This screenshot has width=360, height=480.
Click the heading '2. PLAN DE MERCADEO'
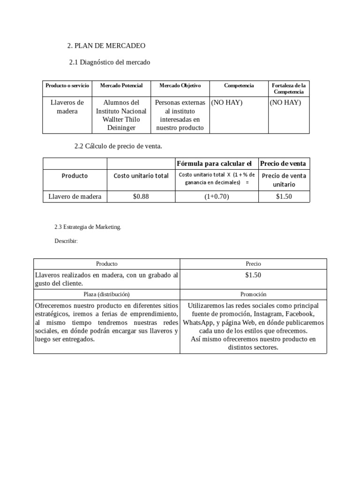click(106, 45)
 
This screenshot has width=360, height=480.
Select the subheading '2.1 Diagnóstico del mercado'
click(110, 62)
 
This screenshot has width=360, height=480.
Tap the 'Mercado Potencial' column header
click(121, 86)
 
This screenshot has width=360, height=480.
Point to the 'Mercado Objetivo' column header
click(180, 86)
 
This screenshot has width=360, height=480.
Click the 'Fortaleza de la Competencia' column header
click(288, 89)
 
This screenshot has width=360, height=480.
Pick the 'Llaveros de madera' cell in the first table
click(67, 106)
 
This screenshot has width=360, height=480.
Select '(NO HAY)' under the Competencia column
click(227, 103)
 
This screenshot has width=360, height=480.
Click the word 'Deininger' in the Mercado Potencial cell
click(121, 127)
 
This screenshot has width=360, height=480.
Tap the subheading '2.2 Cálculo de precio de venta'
click(118, 146)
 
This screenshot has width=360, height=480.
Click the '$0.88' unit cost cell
click(141, 196)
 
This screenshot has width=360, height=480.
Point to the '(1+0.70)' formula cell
click(216, 196)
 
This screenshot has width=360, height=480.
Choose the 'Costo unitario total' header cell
click(141, 176)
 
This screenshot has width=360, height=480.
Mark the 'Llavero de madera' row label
click(75, 196)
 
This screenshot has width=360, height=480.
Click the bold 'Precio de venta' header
click(283, 163)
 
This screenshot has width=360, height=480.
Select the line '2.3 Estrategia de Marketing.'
click(88, 227)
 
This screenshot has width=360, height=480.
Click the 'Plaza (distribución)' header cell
click(107, 294)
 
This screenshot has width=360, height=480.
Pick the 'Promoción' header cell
click(253, 294)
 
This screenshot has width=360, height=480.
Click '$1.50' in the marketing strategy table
click(253, 275)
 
